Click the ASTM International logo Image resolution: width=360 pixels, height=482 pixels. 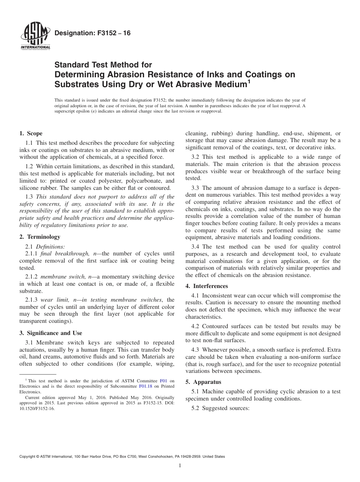click(34, 37)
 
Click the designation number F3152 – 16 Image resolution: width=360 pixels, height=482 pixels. click(92, 33)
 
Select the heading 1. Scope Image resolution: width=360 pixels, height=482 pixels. click(31, 133)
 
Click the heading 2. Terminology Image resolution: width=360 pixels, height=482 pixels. click(40, 237)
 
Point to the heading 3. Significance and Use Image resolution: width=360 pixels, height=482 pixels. click(50, 333)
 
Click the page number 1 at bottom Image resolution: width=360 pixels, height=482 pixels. click(180, 466)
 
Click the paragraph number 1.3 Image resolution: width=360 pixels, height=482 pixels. click(29, 196)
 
